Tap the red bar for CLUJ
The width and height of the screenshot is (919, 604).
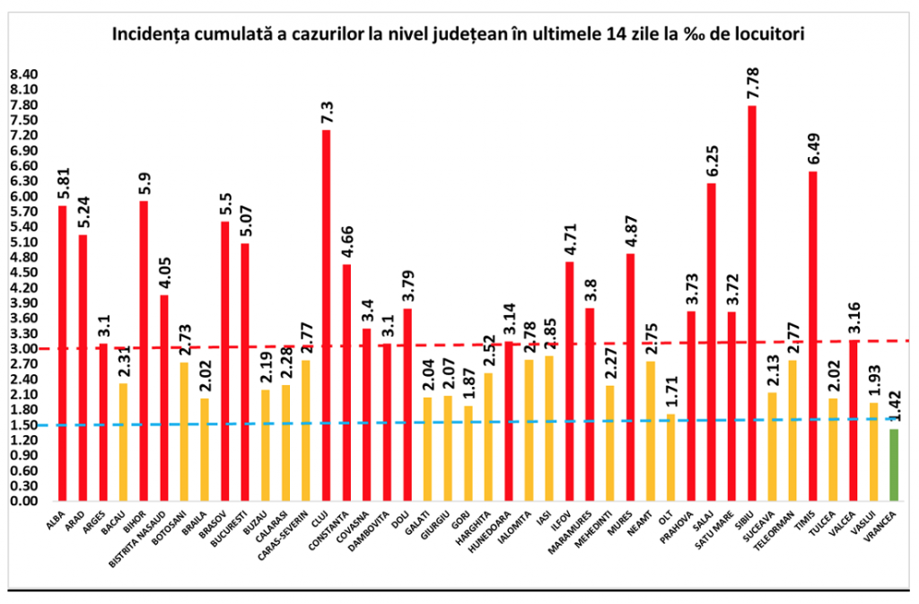pyautogui.click(x=326, y=314)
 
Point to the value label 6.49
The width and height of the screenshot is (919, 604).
pyautogui.click(x=813, y=145)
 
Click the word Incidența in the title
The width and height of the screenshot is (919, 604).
pyautogui.click(x=152, y=36)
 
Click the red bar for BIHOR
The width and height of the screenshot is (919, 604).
pyautogui.click(x=144, y=350)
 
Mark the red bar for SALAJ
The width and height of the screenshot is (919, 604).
pyautogui.click(x=712, y=341)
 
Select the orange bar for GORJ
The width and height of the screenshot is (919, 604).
pyautogui.click(x=468, y=452)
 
